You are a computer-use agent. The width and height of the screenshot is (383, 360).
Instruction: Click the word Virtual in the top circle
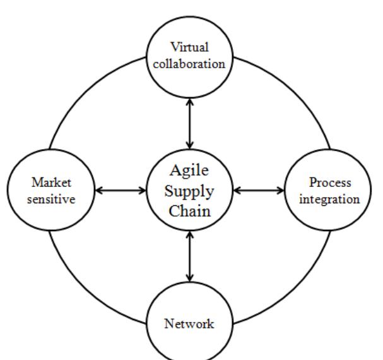point(189,48)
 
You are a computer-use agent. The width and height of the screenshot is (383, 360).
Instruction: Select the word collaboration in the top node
point(189,63)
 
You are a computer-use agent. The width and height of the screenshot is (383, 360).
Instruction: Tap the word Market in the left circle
point(52,183)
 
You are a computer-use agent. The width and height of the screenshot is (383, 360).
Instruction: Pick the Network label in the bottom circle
point(189,325)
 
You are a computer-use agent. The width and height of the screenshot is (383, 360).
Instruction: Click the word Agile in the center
point(189,171)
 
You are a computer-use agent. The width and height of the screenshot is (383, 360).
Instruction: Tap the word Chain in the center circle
point(189,210)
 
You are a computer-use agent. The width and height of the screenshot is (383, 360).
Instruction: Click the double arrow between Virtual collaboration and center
point(189,123)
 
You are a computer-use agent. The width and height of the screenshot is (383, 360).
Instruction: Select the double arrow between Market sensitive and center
point(120,190)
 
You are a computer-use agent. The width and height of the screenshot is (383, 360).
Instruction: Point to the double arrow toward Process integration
point(259,190)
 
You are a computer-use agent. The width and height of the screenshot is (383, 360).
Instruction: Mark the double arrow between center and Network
point(189,256)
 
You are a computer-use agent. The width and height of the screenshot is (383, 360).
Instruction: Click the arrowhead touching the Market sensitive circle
point(98,190)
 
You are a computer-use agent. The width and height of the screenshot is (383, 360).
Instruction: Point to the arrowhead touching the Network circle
point(189,277)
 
